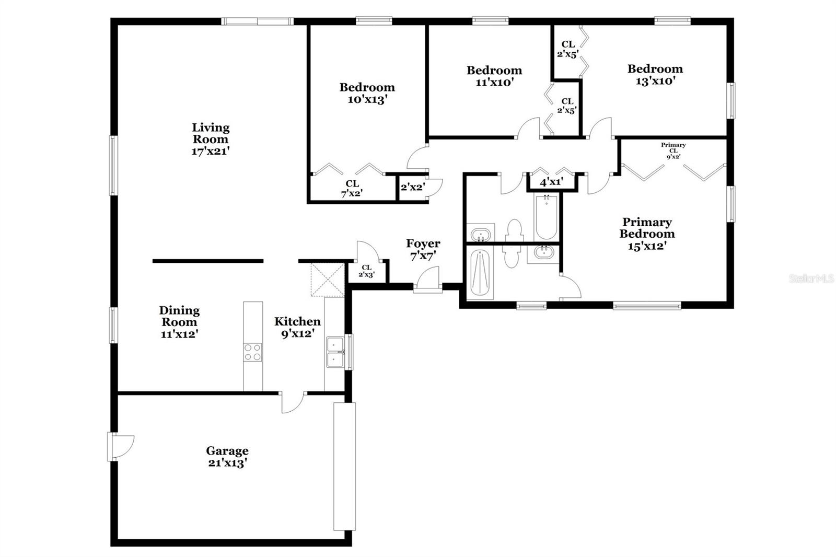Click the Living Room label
click(x=211, y=139)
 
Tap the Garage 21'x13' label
click(x=227, y=457)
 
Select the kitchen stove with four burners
click(x=253, y=352)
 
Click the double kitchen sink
click(x=334, y=352)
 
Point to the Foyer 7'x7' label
click(x=423, y=249)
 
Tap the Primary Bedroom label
click(x=647, y=234)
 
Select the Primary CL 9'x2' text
click(x=673, y=150)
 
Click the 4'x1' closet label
click(x=551, y=182)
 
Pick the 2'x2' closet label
click(x=412, y=187)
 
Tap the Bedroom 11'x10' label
click(x=494, y=76)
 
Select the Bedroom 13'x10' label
click(x=655, y=74)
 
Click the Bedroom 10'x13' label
click(x=367, y=93)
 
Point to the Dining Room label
click(x=179, y=322)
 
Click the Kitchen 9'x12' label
click(x=297, y=327)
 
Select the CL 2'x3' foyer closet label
click(x=366, y=271)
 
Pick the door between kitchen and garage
click(x=293, y=401)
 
